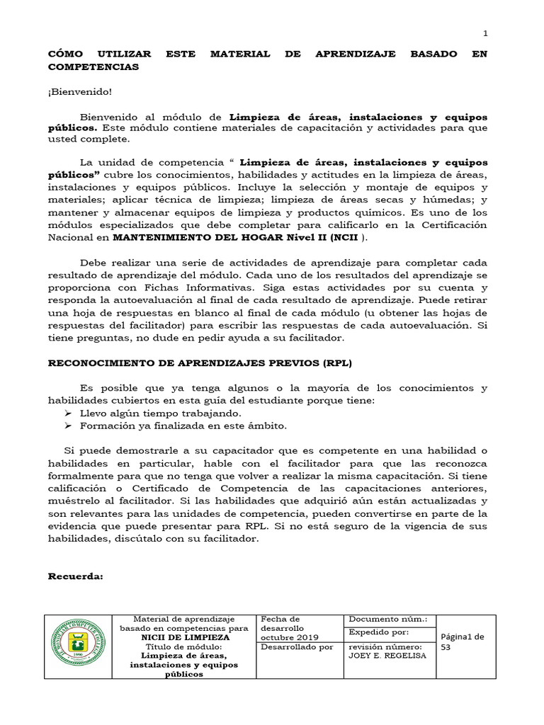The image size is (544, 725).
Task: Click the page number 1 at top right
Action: (x=485, y=33)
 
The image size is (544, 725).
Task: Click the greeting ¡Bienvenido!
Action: (x=79, y=91)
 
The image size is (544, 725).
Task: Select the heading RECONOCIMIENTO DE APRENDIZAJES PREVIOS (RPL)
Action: (x=199, y=362)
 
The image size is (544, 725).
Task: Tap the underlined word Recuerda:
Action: (x=75, y=576)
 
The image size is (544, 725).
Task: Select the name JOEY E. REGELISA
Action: (x=386, y=656)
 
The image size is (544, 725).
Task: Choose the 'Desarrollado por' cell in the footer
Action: (x=297, y=646)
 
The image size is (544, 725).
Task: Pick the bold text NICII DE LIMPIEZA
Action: (x=183, y=637)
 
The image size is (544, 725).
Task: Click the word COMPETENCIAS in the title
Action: (x=93, y=67)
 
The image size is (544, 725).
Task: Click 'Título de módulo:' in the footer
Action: (x=183, y=646)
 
